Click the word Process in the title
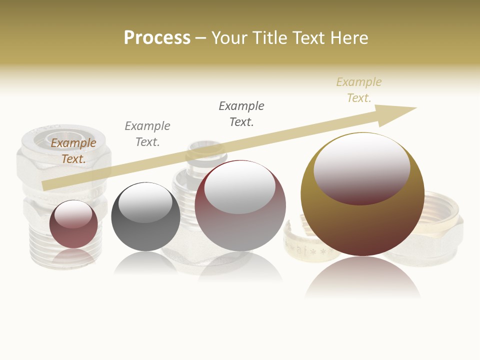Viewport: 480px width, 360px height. click(157, 38)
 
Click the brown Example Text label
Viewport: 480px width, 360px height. click(73, 151)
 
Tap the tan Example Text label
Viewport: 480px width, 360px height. click(359, 90)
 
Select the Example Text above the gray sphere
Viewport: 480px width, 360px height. click(147, 134)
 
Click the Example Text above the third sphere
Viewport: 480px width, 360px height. click(241, 114)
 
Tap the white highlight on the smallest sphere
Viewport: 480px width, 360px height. click(76, 215)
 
